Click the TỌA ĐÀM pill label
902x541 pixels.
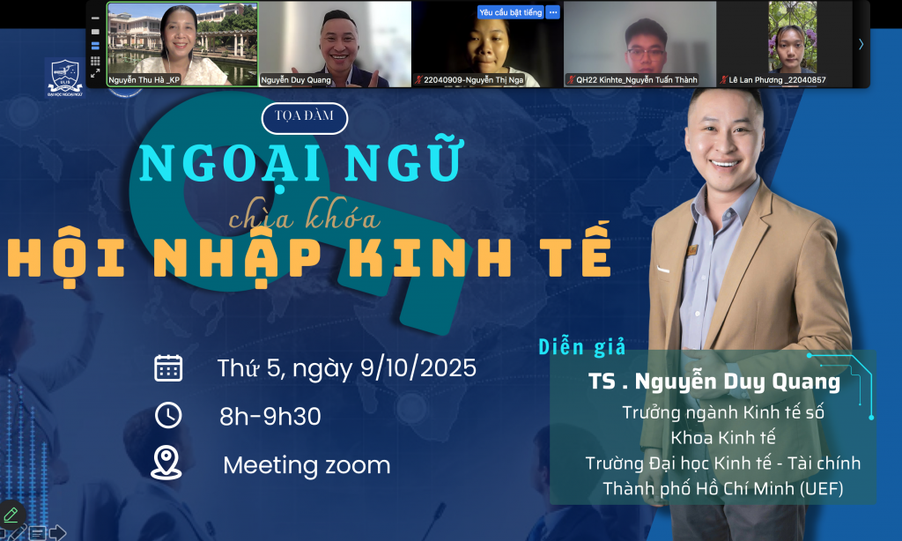304,118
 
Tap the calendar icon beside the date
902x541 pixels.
168,368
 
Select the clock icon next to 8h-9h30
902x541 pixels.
168,416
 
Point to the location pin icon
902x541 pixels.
166,463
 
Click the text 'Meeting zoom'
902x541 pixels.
307,465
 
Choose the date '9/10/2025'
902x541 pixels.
418,367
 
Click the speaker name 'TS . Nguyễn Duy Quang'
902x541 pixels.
714,382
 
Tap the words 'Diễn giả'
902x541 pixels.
581,347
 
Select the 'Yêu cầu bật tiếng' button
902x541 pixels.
511,12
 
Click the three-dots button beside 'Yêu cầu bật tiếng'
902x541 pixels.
553,12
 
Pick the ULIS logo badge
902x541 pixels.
65,78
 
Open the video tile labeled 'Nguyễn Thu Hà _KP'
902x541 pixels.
182,44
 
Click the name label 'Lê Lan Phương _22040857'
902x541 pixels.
777,80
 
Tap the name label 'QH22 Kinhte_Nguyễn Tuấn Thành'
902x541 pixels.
636,80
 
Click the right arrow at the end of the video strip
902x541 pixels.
861,44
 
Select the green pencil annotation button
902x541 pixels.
11,514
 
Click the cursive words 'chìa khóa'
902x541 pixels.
304,216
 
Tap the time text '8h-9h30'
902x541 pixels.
270,416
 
